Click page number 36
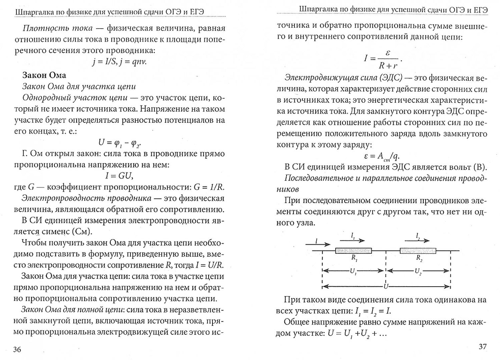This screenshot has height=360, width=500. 17,350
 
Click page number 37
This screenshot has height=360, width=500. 483,347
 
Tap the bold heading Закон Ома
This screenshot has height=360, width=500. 44,75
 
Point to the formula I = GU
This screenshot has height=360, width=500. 119,176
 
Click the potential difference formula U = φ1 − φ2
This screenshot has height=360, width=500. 119,142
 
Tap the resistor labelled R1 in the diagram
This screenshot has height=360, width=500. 353,250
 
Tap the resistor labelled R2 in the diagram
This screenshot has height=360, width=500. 418,250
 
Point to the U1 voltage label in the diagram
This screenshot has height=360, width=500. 353,271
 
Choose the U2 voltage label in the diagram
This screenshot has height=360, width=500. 418,271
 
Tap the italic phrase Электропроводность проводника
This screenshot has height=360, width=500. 86,198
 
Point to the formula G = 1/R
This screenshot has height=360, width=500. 209,187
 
